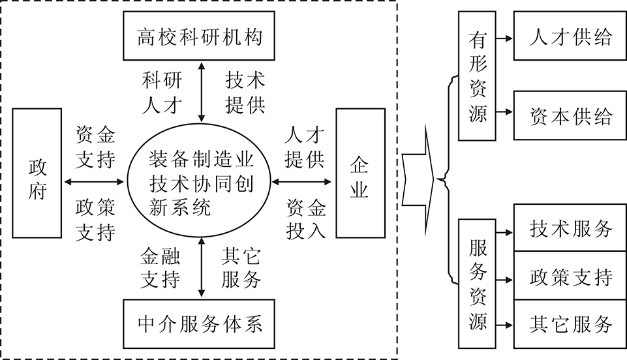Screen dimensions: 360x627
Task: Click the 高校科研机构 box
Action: (x=199, y=37)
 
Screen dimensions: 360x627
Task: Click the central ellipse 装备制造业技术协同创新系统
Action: (x=199, y=181)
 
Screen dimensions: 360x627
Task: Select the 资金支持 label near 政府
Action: (x=95, y=147)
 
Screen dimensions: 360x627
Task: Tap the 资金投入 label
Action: (x=306, y=220)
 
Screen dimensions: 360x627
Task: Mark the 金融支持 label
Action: (x=161, y=267)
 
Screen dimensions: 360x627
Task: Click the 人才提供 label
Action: (x=305, y=147)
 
